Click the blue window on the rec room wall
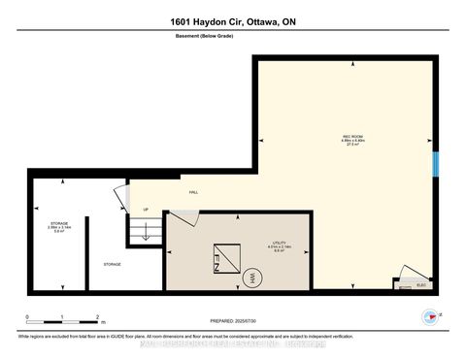pos(436,164)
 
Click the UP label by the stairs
pos(146,210)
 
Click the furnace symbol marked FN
pos(213,257)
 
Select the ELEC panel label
pos(421,285)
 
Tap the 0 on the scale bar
pos(28,317)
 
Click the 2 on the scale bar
pos(96,317)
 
